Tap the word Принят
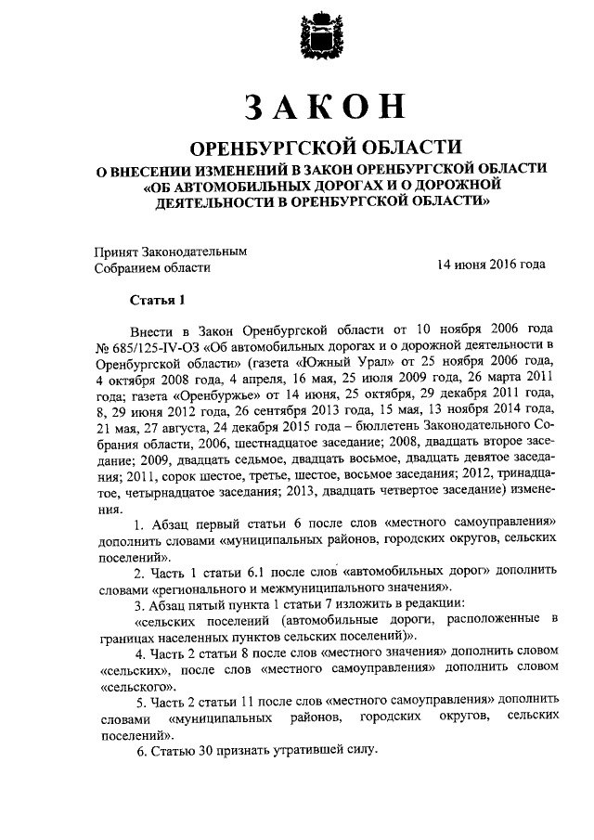(x=120, y=251)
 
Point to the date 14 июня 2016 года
(x=491, y=265)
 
